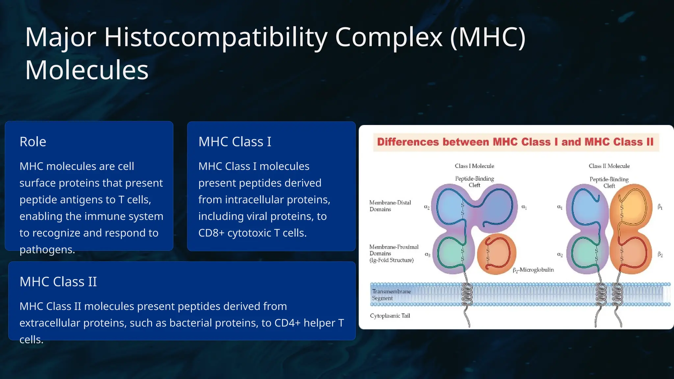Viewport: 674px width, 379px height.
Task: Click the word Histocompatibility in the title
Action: point(216,37)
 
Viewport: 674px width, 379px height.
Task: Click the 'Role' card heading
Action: point(33,142)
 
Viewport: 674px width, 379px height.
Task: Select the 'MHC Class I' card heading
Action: point(235,142)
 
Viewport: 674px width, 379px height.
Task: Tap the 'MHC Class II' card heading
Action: point(58,282)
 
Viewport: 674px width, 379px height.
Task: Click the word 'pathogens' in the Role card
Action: point(46,250)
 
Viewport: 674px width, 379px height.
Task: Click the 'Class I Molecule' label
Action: point(474,166)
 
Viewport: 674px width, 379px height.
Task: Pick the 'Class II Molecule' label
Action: point(609,166)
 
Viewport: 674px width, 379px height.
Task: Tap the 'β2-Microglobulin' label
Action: point(533,270)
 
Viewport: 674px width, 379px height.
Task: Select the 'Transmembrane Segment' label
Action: point(391,295)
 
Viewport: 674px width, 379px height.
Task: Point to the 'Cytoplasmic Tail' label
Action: point(390,316)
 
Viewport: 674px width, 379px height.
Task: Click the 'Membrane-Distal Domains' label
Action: point(390,206)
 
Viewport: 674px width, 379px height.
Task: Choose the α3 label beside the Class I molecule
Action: point(428,255)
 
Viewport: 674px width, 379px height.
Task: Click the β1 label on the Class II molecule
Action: point(660,207)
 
